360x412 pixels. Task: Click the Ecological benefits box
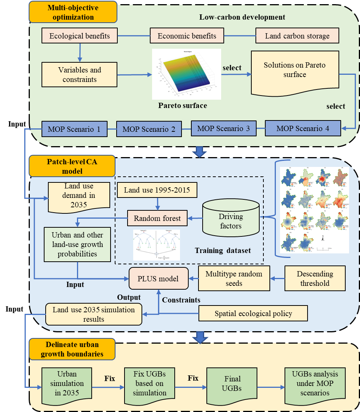point(80,36)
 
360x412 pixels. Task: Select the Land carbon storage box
point(297,36)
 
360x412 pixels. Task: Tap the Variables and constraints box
point(80,75)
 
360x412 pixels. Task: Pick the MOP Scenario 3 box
point(224,128)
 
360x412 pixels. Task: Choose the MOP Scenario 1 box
point(74,129)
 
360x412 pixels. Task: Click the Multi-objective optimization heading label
point(73,12)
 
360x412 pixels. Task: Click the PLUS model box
point(158,279)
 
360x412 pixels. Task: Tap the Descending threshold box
point(315,279)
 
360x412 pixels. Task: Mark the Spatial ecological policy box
point(253,313)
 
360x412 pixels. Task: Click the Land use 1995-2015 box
point(157,190)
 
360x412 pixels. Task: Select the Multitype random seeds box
point(234,279)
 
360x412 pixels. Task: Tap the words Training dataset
point(223,251)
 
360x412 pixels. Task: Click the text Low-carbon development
point(242,17)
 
